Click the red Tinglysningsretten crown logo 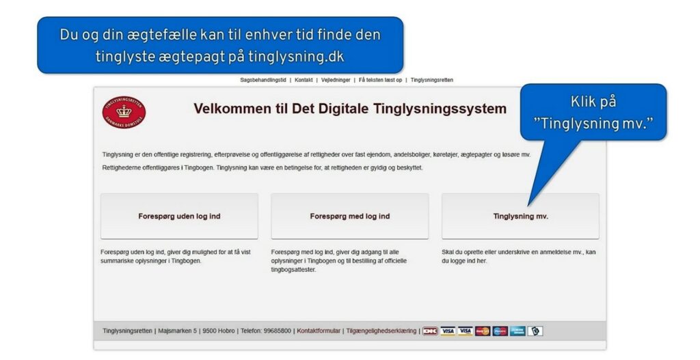pos(124,113)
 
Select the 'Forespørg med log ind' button pos(349,217)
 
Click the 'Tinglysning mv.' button pos(520,217)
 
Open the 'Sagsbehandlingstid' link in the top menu pos(263,81)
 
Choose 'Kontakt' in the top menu pos(304,81)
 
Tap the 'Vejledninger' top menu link pos(336,81)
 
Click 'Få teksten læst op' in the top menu pos(380,81)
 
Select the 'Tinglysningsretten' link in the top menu pos(432,81)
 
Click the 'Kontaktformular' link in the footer pos(319,331)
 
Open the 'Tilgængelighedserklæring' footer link pos(381,331)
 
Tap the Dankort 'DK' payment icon pos(430,331)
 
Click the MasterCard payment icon pos(483,331)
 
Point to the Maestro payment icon pos(500,331)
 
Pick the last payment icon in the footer pos(535,331)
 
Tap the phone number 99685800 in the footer pos(278,331)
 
